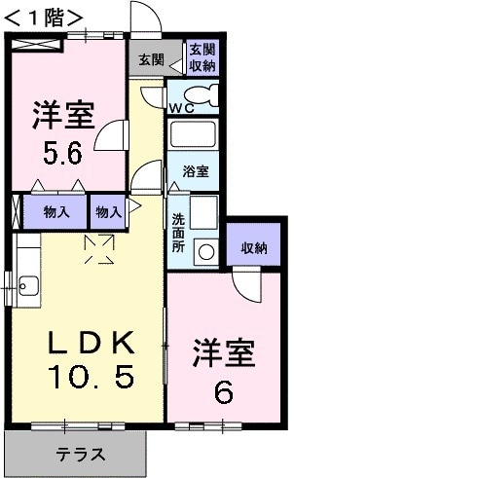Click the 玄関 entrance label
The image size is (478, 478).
[151, 59]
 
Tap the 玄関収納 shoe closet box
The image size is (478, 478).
[202, 57]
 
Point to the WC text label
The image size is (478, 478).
[182, 108]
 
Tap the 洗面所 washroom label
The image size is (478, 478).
[178, 233]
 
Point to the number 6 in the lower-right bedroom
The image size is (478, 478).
[223, 392]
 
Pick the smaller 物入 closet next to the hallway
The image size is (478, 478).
[107, 210]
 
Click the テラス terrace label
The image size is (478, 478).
[79, 454]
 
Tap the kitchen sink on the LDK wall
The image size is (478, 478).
[26, 286]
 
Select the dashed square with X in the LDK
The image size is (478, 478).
[101, 248]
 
